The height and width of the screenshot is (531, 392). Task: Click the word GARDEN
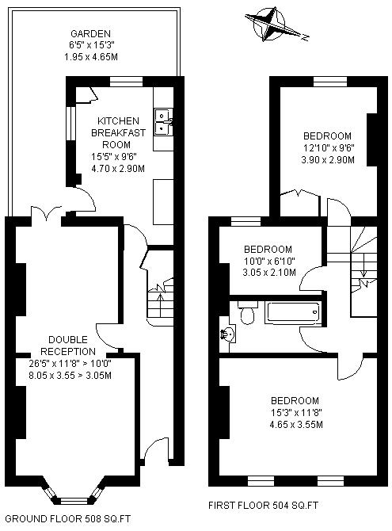coord(90,33)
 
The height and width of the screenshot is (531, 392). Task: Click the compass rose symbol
coord(272,25)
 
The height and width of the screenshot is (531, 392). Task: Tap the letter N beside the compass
coord(306,37)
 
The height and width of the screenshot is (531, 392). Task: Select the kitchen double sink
coord(164,122)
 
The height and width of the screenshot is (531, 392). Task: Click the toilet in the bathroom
coord(247,312)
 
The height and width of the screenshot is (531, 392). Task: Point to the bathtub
coord(293,312)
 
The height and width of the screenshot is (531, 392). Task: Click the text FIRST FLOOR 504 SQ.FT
coord(263,506)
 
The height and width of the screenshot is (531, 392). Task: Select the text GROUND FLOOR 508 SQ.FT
coord(67,518)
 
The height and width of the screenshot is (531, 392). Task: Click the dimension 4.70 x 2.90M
coord(118,168)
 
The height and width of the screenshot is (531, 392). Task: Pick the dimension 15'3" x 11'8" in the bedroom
coord(295,412)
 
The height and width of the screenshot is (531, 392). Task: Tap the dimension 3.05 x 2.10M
coord(269,273)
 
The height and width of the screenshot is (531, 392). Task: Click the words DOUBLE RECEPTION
coord(68,346)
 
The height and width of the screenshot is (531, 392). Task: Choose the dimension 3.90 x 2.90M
coord(328,159)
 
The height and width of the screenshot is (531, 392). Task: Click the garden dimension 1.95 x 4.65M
coord(91,56)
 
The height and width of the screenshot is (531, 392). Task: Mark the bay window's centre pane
coord(74,500)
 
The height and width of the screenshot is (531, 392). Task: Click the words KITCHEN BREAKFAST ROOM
coord(118,133)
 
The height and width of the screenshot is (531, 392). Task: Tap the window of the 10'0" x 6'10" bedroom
coord(245,221)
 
